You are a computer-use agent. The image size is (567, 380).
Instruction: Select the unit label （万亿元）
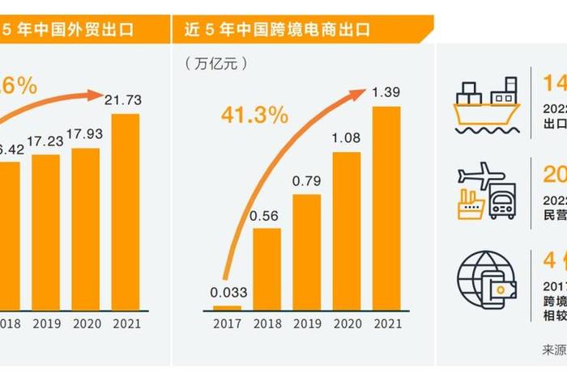click(x=215, y=62)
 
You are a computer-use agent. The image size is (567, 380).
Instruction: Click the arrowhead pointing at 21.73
click(x=102, y=95)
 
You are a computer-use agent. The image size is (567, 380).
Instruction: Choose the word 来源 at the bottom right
click(x=554, y=350)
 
